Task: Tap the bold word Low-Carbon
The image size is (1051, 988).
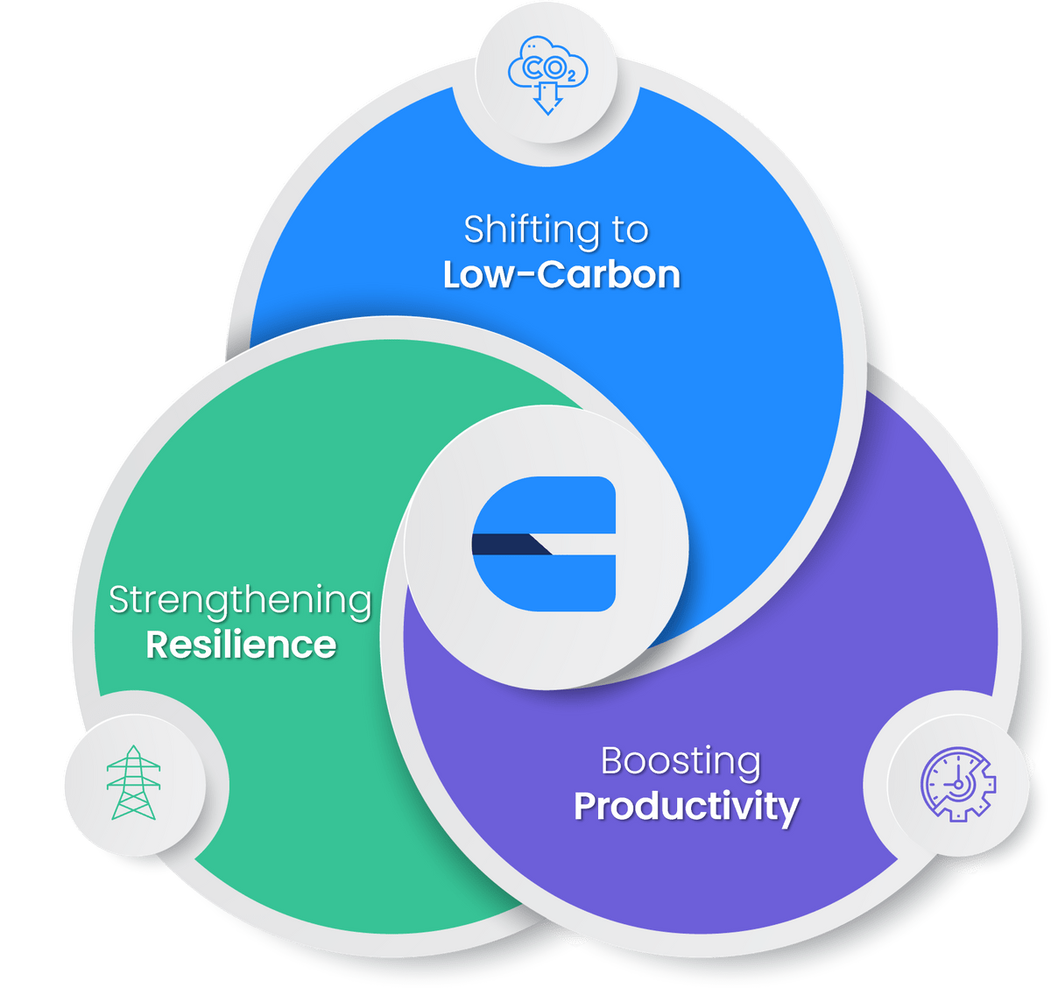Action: click(x=561, y=274)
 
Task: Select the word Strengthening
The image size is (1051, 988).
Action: click(x=240, y=601)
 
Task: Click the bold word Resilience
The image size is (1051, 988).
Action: click(x=241, y=645)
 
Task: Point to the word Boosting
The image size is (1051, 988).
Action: click(x=681, y=760)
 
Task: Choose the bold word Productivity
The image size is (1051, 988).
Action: click(x=686, y=806)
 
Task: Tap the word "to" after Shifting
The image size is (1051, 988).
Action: click(x=631, y=230)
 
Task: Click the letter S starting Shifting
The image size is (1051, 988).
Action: click(x=474, y=230)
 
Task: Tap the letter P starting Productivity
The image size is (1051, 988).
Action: click(x=585, y=806)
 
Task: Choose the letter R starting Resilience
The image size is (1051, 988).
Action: click(x=157, y=645)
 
